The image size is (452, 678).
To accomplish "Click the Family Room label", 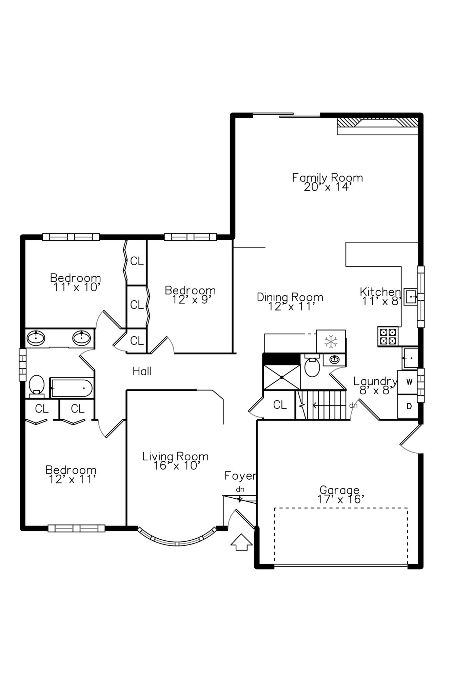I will [327, 178].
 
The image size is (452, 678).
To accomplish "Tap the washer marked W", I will [409, 382].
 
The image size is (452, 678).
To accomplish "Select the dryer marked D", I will [409, 406].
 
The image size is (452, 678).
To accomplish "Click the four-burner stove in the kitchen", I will [388, 336].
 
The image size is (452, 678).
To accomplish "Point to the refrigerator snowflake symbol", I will [331, 341].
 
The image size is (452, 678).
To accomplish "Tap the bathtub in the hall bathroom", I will [72, 388].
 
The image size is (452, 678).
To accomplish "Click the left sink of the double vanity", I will [36, 338].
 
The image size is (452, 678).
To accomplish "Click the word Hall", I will [142, 372].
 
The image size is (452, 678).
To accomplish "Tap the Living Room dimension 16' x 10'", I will [175, 466].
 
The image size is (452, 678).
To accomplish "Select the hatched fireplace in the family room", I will [377, 123].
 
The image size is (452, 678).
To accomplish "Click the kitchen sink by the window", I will [411, 297].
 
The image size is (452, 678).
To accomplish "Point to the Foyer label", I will [240, 476].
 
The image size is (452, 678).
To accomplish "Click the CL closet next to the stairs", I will [280, 405].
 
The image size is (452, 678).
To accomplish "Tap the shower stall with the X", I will [282, 377].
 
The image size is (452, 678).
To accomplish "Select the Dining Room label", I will [290, 297].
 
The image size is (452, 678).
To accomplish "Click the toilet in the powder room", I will [312, 367].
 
